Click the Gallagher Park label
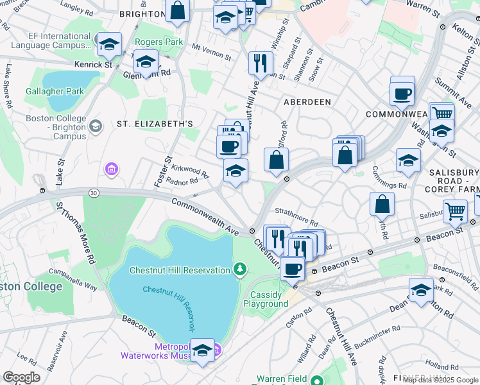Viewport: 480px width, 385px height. [55, 92]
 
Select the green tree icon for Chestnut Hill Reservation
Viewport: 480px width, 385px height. [239, 268]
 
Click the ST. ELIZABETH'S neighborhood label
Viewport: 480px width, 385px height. [154, 123]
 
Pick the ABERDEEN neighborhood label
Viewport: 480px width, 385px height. [307, 102]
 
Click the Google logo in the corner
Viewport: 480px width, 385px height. [22, 377]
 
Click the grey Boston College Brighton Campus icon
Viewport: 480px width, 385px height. [95, 126]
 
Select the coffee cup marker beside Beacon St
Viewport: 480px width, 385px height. [292, 268]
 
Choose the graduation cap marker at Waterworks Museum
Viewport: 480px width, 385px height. [203, 350]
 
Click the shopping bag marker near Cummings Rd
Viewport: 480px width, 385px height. [382, 204]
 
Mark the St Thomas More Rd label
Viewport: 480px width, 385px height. [75, 234]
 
